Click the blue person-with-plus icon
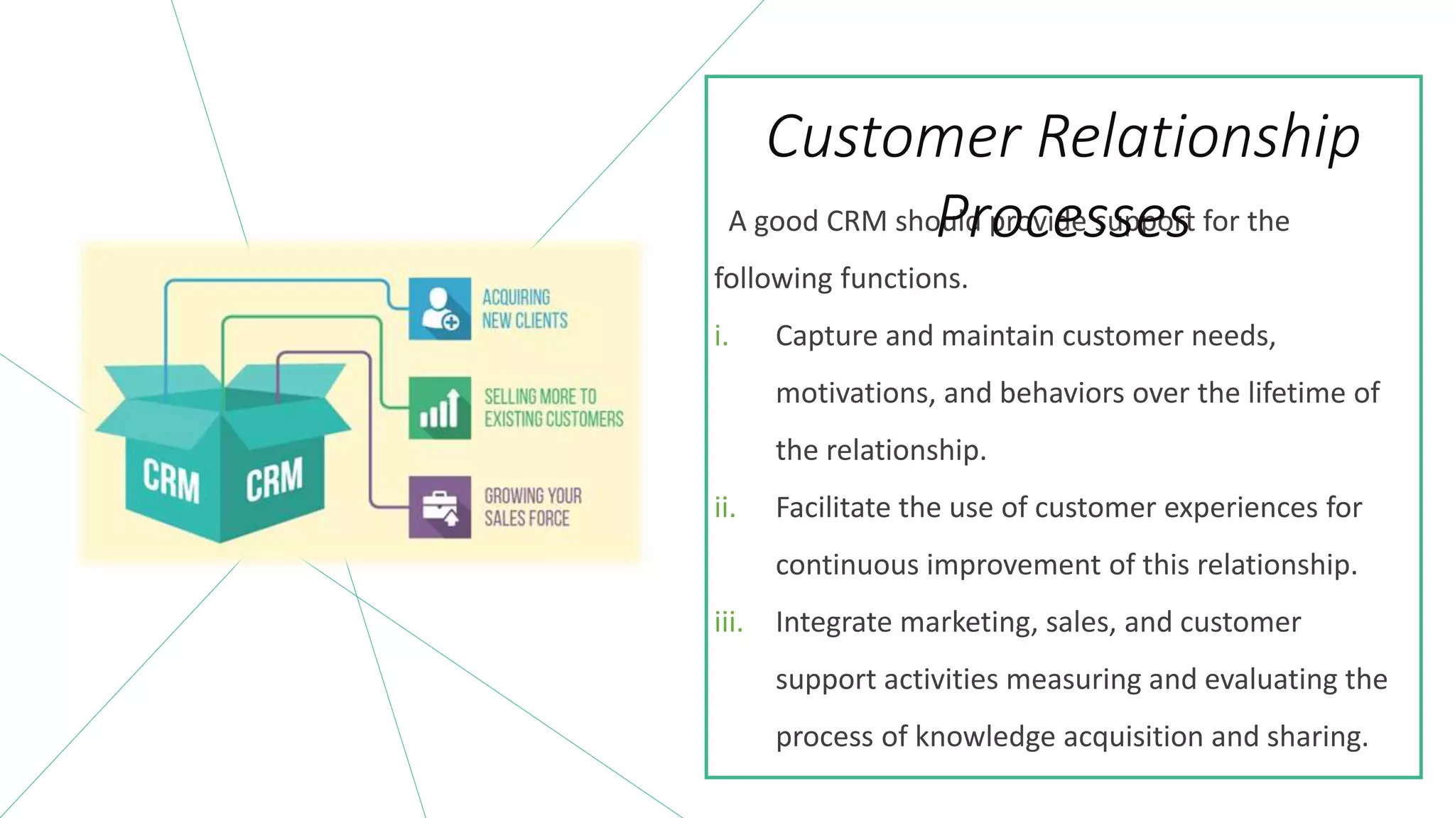coord(440,309)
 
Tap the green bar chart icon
coord(440,408)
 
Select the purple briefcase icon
coord(440,507)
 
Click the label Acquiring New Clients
coord(524,309)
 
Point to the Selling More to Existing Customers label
coord(553,408)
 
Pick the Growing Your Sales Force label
coord(533,507)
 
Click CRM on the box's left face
coord(171,480)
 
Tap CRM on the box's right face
coord(274,479)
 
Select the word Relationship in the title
coord(1199,136)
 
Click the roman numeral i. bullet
coord(722,336)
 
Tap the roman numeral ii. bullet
coord(725,508)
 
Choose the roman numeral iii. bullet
coord(728,622)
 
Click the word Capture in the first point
coord(826,336)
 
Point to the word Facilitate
coord(832,508)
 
